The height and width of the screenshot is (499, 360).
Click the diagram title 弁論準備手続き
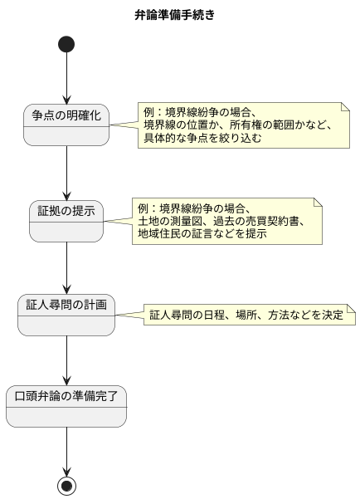pyautogui.click(x=179, y=14)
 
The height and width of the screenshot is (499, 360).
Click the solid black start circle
pyautogui.click(x=66, y=43)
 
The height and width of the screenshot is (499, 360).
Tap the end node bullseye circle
pyautogui.click(x=66, y=483)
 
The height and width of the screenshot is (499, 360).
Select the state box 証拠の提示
pyautogui.click(x=66, y=220)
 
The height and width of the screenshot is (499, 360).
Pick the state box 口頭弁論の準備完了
pyautogui.click(x=66, y=406)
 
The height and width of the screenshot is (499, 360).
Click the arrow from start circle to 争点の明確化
pyautogui.click(x=66, y=79)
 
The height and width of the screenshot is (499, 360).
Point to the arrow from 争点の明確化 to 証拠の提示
pyautogui.click(x=66, y=173)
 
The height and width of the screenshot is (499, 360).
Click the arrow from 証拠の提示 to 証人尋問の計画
pyautogui.click(x=66, y=267)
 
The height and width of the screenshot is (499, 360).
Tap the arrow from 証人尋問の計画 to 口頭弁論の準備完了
pyautogui.click(x=66, y=360)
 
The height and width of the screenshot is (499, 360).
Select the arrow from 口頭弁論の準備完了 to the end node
pyautogui.click(x=66, y=449)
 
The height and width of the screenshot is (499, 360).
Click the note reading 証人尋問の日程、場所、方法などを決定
pyautogui.click(x=246, y=316)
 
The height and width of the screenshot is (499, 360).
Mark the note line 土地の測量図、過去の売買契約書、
pyautogui.click(x=221, y=221)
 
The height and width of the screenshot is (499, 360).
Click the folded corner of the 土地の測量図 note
pyautogui.click(x=317, y=203)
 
